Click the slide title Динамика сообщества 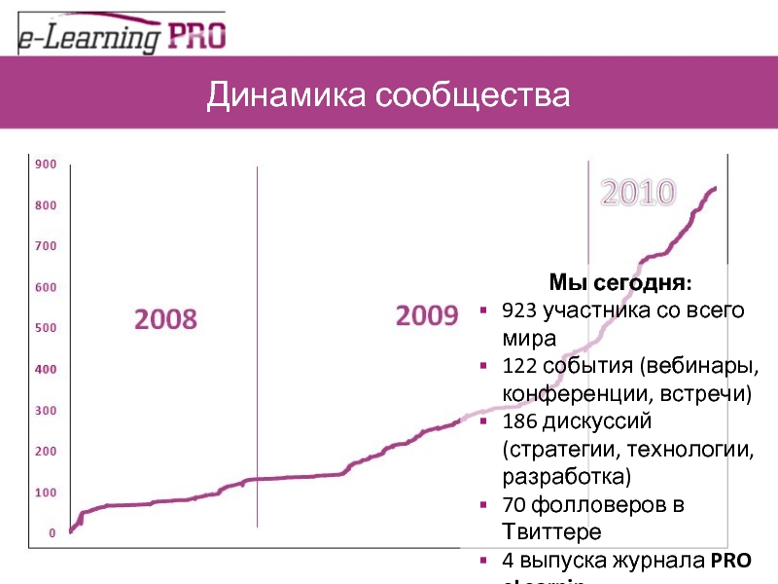click(388, 96)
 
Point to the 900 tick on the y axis click(46, 164)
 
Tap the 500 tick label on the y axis click(46, 328)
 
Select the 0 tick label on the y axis click(53, 533)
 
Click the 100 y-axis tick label click(46, 493)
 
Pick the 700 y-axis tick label click(46, 246)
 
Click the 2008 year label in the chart click(165, 318)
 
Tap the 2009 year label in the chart click(426, 315)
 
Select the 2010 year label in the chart click(638, 193)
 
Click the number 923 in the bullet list click(519, 311)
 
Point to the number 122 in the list click(519, 367)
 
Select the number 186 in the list click(519, 422)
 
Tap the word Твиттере click(551, 532)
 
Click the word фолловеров click(600, 505)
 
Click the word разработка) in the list click(566, 477)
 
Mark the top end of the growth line click(716, 188)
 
